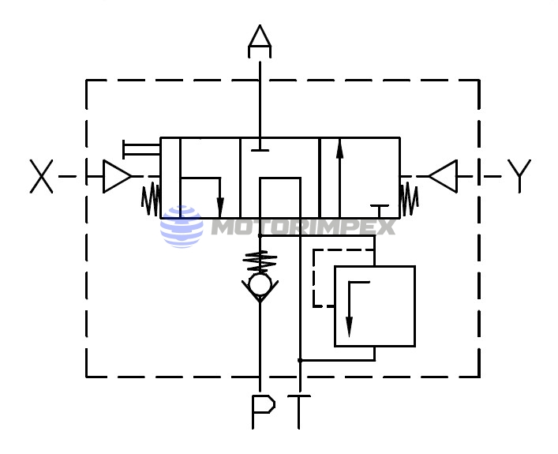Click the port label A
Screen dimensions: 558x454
[x=260, y=41]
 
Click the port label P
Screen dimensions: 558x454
[x=264, y=411]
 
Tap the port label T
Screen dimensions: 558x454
[x=299, y=411]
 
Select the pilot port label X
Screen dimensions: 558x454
[x=41, y=176]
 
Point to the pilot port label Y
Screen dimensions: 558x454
[x=519, y=176]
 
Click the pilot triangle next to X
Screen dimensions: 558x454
[x=117, y=176]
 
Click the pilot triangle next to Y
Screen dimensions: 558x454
[x=443, y=176]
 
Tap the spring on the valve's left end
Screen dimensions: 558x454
[x=151, y=199]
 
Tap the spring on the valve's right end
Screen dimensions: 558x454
[x=410, y=199]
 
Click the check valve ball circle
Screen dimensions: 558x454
[x=260, y=284]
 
